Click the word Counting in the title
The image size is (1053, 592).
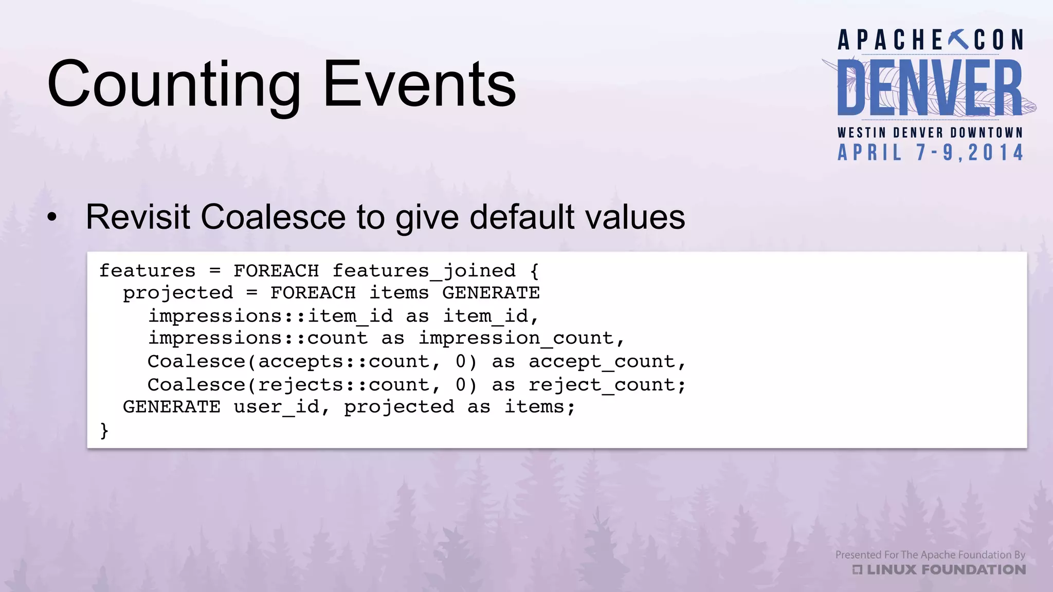click(x=174, y=85)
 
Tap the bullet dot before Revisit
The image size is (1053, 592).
click(x=52, y=217)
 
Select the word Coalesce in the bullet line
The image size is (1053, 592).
click(x=273, y=217)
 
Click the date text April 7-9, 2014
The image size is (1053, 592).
click(x=931, y=153)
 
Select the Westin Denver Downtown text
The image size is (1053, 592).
click(x=930, y=133)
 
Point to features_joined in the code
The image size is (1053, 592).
click(x=424, y=271)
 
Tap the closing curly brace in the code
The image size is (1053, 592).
click(x=104, y=430)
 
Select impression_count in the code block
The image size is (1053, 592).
click(x=516, y=338)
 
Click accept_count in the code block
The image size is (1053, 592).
click(x=602, y=362)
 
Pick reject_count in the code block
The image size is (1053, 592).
click(x=602, y=385)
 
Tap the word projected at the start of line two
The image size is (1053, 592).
click(x=178, y=293)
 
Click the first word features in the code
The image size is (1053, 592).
click(x=148, y=271)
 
